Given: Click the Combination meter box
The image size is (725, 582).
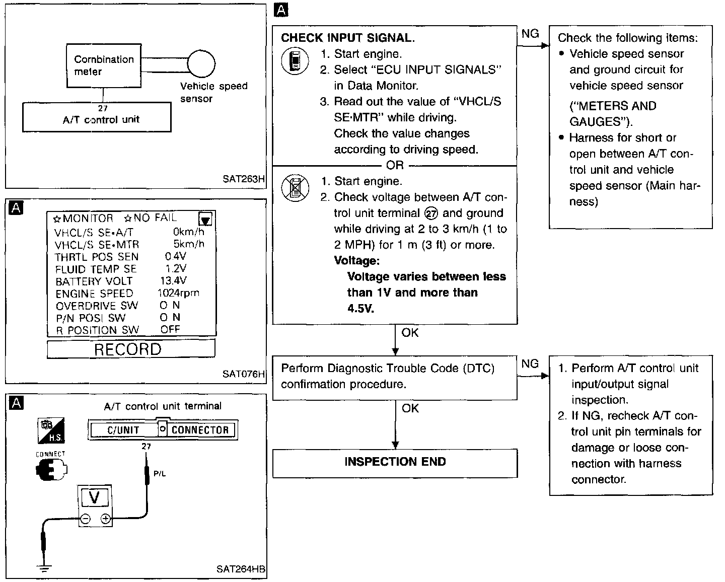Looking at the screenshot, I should (104, 65).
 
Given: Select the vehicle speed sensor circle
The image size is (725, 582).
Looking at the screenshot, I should (201, 64).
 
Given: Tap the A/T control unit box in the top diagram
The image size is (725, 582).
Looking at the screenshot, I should (97, 117).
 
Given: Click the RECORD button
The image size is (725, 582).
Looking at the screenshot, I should (128, 349).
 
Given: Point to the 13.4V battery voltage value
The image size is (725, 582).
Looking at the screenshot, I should (173, 280).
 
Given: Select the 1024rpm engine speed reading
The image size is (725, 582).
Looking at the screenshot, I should (178, 293).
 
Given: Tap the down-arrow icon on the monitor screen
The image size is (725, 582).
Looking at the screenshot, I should (205, 219).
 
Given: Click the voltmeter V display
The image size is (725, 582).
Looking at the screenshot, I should (94, 498).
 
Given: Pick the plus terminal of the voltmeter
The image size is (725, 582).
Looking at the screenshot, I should (105, 519).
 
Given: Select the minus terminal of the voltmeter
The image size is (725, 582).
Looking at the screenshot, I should (85, 519).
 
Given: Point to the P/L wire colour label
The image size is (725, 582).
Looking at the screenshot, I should (159, 473).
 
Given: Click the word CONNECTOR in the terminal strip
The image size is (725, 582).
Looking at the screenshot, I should (200, 430).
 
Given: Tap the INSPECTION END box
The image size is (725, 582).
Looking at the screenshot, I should (395, 462).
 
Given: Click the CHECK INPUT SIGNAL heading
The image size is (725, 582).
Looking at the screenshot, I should (348, 38).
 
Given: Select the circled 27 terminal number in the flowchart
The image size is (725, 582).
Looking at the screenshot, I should (431, 213).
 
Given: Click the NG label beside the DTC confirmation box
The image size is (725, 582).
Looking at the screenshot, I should (530, 363).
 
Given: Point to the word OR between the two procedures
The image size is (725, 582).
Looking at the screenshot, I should (395, 165).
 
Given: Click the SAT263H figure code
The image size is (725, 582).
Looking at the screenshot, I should (244, 179).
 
